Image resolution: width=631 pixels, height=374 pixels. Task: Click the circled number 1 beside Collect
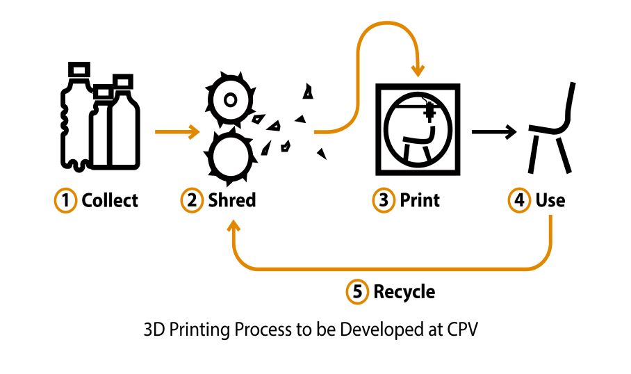[65, 201]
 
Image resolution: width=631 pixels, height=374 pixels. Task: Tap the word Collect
[110, 201]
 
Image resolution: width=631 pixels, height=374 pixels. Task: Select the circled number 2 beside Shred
[192, 201]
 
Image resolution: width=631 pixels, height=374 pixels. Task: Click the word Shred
[232, 201]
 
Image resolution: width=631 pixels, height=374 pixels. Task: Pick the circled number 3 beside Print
[384, 201]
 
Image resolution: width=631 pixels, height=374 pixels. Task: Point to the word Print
[420, 201]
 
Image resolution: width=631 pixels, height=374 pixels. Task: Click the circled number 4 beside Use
[518, 201]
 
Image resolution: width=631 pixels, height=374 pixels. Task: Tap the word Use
[550, 201]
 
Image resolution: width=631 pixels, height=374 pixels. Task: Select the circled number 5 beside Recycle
[357, 292]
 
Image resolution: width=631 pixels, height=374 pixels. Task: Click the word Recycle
[404, 292]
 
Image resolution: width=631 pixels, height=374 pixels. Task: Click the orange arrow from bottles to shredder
[177, 131]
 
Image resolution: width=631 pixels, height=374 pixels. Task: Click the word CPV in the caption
[463, 330]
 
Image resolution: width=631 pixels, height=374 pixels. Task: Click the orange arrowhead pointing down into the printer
[418, 70]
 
